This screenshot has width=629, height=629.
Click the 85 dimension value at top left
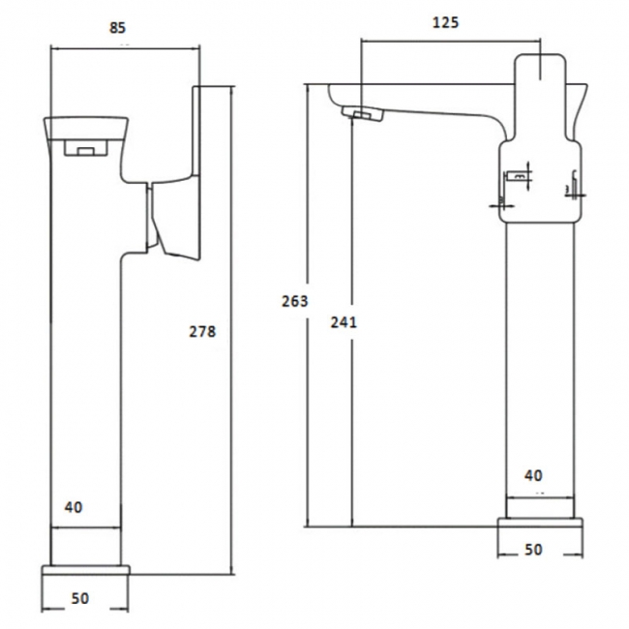116,28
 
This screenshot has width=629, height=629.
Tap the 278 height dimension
202,332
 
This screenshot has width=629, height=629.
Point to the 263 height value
294,301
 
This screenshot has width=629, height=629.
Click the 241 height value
343,322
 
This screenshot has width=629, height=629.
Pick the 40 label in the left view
73,506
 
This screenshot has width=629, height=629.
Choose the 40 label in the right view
533,475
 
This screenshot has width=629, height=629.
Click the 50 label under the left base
79,599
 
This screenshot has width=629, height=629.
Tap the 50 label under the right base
533,550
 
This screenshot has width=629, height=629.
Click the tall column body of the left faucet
85,387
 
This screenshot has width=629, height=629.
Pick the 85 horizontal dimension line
124,47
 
